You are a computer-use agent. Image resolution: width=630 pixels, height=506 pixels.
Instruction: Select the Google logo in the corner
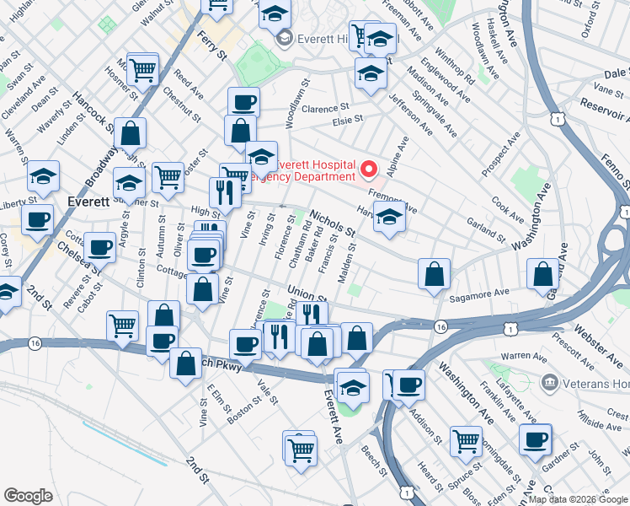click(28, 495)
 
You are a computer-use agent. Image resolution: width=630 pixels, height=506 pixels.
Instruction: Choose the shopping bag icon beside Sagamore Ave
click(434, 274)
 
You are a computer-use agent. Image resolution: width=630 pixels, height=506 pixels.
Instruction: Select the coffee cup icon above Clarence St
click(243, 103)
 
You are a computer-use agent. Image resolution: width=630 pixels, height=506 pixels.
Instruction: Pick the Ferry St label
click(212, 43)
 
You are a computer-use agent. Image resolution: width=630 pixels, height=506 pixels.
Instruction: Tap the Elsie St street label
click(345, 121)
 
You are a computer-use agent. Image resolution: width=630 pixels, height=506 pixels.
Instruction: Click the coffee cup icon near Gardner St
click(534, 439)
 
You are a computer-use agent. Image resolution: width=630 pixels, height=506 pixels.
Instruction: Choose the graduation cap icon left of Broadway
click(43, 177)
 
